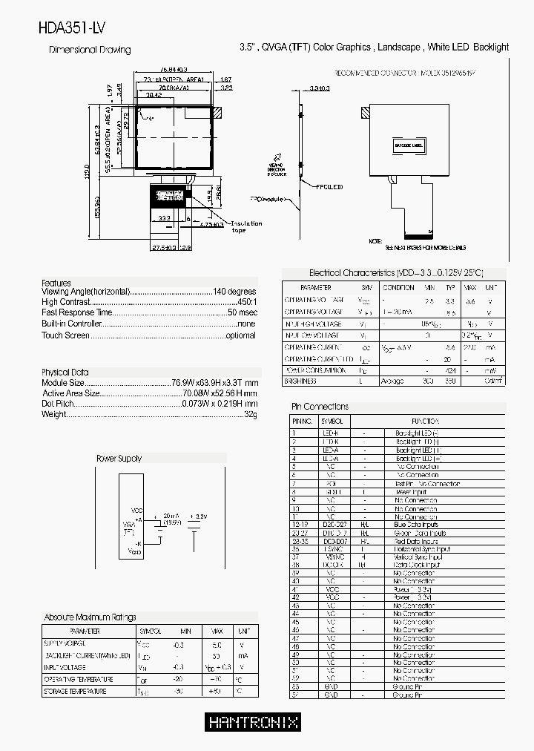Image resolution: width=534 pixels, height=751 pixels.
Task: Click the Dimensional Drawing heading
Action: [90, 50]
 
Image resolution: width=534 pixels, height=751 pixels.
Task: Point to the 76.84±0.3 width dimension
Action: [174, 70]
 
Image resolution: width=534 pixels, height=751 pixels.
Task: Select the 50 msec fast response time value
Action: [243, 312]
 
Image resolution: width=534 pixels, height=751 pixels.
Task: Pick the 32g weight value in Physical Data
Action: [251, 414]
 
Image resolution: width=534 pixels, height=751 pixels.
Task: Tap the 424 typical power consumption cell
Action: [449, 370]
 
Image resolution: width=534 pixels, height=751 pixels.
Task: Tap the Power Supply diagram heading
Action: [119, 459]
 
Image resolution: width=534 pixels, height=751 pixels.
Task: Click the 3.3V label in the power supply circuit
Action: [199, 516]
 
